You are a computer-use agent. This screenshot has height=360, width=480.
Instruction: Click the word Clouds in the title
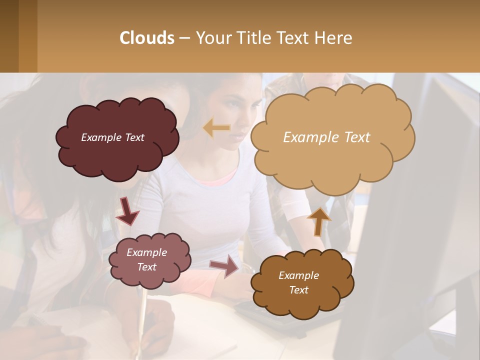pyautogui.click(x=147, y=38)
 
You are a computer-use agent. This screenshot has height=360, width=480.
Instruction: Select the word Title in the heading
pyautogui.click(x=253, y=38)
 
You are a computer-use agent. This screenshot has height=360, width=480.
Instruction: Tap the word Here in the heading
pyautogui.click(x=334, y=38)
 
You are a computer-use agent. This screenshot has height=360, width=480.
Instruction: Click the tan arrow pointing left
pyautogui.click(x=216, y=128)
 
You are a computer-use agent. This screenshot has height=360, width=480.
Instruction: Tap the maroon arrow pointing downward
pyautogui.click(x=128, y=210)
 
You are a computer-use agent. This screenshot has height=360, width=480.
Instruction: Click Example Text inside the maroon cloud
pyautogui.click(x=112, y=137)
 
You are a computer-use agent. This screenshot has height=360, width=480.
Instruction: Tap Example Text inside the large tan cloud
pyautogui.click(x=326, y=137)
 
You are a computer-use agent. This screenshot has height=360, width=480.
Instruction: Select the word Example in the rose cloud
pyautogui.click(x=146, y=252)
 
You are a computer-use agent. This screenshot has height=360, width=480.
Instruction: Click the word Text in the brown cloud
pyautogui.click(x=298, y=290)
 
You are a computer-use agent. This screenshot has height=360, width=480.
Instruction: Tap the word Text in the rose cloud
pyautogui.click(x=146, y=267)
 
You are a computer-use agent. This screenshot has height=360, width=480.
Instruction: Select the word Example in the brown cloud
pyautogui.click(x=298, y=275)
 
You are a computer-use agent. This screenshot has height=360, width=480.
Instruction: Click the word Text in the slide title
pyautogui.click(x=295, y=38)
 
